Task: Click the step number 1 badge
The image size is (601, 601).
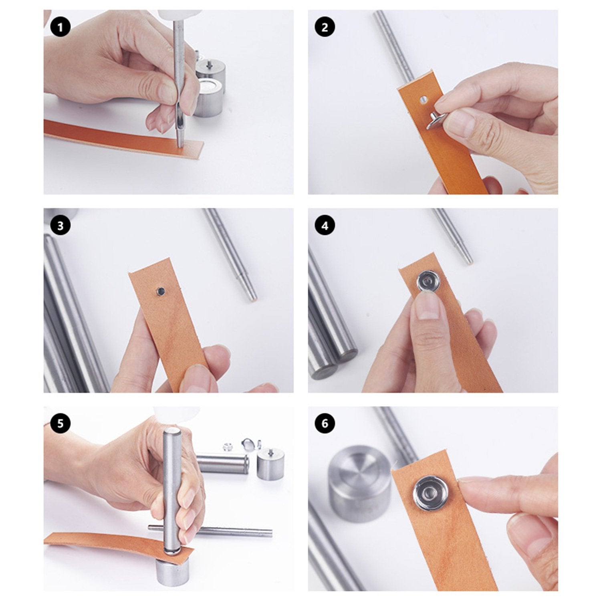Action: (x=60, y=28)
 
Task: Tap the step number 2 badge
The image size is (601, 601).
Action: (x=325, y=28)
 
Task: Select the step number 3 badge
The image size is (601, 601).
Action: (x=60, y=226)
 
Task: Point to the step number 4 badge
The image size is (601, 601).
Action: (x=325, y=226)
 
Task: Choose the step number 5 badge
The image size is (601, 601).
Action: (x=60, y=424)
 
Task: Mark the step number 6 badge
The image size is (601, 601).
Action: (x=325, y=424)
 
